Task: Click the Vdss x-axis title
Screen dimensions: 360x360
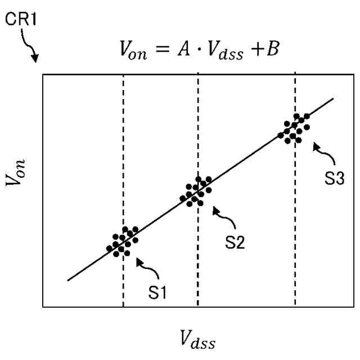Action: [x=197, y=339]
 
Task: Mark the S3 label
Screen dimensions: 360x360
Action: [x=335, y=179]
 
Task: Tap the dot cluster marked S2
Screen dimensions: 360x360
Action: [x=196, y=191]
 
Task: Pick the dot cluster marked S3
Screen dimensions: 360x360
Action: [x=295, y=128]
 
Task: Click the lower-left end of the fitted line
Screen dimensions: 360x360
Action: [x=68, y=280]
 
